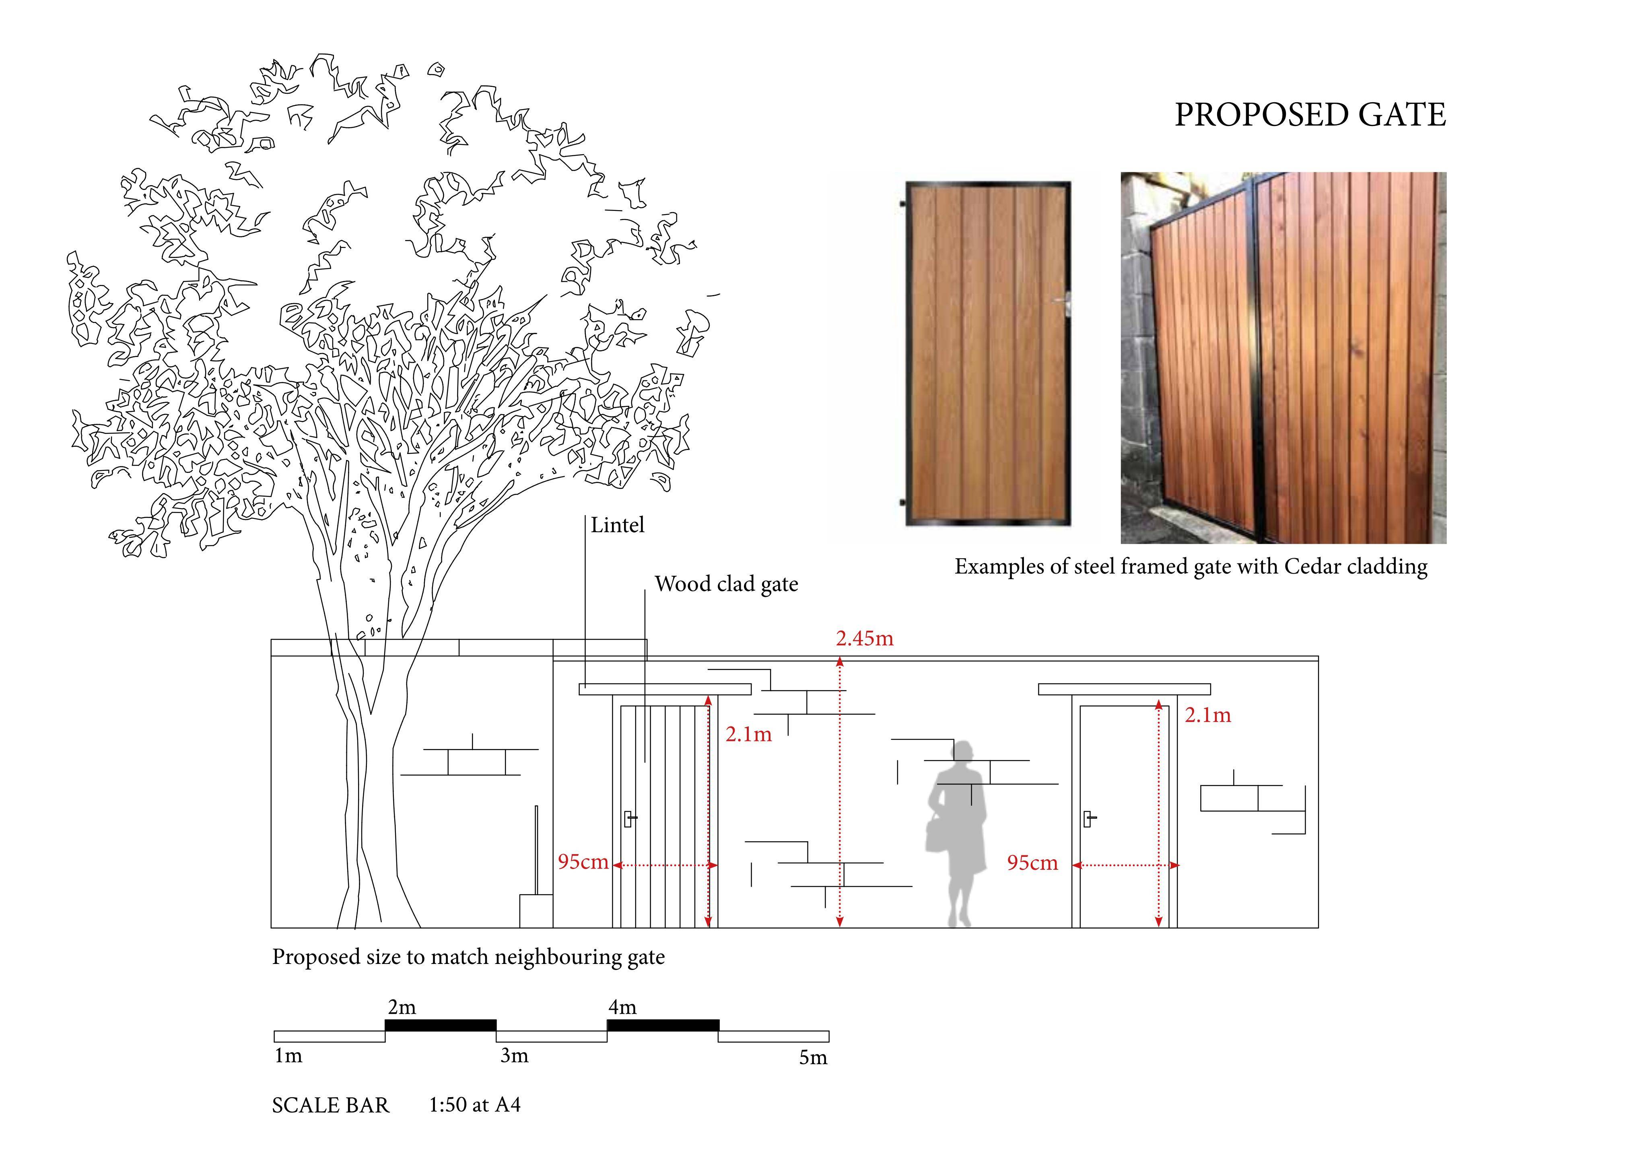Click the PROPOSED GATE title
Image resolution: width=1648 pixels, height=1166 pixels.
1310,115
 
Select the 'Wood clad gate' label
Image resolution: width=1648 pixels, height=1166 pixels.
726,584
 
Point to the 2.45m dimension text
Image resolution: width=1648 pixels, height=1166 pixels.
865,638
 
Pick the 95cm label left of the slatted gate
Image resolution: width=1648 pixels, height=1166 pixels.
583,862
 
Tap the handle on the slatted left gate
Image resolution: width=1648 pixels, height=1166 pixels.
630,819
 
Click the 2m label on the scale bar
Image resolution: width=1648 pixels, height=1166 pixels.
402,1007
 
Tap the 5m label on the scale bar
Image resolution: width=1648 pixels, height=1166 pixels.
813,1058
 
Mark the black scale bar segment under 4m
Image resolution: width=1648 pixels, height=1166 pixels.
663,1025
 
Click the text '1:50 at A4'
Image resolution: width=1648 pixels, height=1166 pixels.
474,1104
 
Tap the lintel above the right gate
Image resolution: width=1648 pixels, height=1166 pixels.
1124,689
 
